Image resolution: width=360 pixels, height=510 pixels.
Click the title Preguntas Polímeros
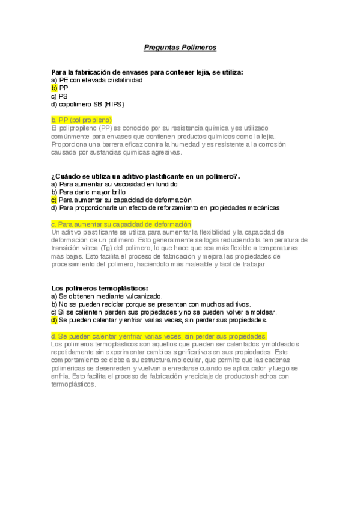(180, 46)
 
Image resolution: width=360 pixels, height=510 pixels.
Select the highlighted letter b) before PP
(55, 88)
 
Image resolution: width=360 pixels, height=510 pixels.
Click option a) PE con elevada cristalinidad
(97, 80)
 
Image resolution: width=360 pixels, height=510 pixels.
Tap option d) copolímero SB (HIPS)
(88, 103)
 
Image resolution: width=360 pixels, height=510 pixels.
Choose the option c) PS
(59, 96)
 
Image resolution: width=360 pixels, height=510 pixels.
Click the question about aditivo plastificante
(145, 176)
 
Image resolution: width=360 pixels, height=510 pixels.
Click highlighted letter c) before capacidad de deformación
(55, 200)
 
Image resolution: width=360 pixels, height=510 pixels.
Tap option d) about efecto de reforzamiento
(166, 207)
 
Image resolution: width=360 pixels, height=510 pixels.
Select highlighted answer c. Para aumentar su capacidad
(121, 224)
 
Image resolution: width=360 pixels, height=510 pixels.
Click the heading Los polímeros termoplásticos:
(100, 288)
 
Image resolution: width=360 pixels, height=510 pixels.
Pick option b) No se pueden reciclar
(151, 304)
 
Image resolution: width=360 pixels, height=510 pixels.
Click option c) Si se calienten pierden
(164, 312)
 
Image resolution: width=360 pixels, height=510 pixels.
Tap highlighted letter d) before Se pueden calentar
(55, 319)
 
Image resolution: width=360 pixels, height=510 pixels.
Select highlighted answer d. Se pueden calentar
(159, 336)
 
